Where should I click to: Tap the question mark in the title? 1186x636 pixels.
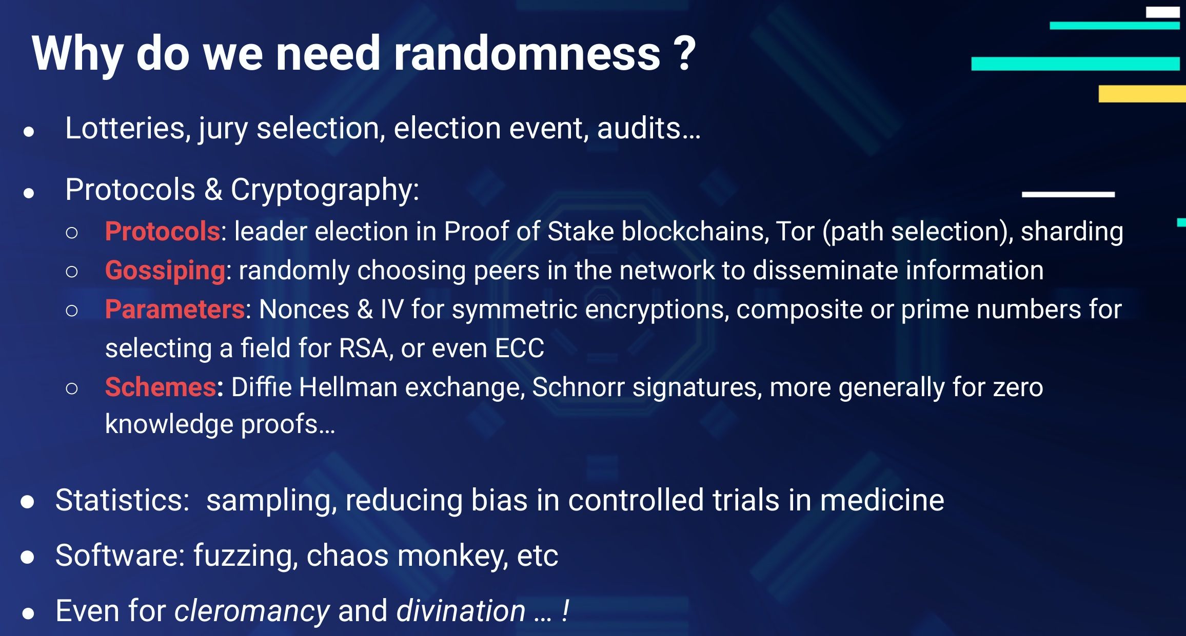coord(684,54)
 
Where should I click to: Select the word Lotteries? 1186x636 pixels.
coord(125,128)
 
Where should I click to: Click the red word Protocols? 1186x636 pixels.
coord(163,231)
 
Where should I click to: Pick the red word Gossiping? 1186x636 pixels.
coord(165,271)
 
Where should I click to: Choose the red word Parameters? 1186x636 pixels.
coord(175,310)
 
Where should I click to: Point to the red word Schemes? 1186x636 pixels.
coord(161,387)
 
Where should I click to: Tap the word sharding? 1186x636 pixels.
coord(1072,231)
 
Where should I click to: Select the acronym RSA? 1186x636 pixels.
coord(363,348)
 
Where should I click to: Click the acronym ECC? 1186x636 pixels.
coord(519,348)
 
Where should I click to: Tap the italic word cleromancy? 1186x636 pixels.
coord(252,611)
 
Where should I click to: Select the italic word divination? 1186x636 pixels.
coord(461,611)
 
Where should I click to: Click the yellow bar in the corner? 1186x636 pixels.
coord(1141,94)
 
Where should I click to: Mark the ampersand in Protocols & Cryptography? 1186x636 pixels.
coord(213,190)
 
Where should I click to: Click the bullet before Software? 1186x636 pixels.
coord(28,557)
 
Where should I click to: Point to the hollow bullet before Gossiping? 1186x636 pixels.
coord(72,272)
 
